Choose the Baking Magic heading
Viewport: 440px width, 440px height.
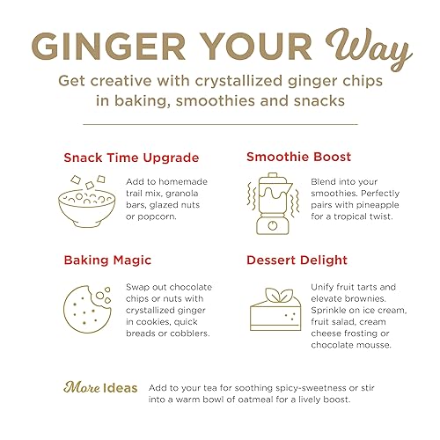tap(107, 261)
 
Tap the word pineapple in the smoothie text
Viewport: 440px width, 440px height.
tap(363, 202)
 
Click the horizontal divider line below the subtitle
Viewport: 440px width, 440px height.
tap(219, 124)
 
